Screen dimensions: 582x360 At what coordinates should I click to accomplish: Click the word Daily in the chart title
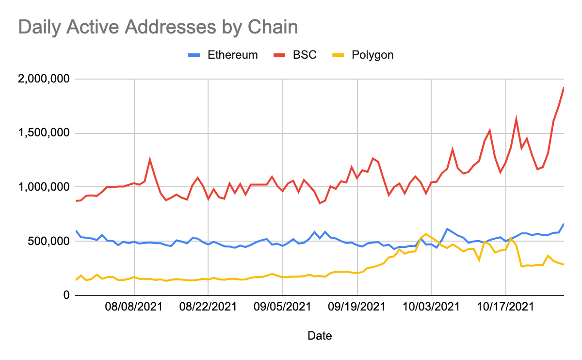tap(39, 27)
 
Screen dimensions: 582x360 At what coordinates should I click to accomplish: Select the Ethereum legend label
tap(232, 55)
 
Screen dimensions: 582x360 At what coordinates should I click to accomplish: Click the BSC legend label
tap(305, 55)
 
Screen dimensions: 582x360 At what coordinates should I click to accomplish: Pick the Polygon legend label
tap(372, 55)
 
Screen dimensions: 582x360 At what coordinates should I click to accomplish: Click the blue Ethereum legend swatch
tap(194, 55)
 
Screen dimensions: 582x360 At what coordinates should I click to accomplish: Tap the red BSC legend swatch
tap(279, 55)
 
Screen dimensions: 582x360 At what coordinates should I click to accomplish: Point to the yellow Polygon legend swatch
tap(339, 55)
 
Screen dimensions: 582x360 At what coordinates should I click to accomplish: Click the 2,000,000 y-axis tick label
tap(44, 79)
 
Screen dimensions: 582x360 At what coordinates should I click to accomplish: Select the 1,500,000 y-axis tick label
tap(44, 133)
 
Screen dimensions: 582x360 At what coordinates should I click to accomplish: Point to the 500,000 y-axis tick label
tap(49, 241)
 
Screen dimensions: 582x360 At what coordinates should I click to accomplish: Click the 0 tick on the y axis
tap(67, 295)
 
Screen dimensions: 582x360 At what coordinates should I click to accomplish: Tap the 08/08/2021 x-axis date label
tap(134, 307)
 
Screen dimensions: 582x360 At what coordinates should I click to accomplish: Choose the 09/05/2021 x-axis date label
tap(282, 307)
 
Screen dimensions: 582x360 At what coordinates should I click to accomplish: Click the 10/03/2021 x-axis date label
tap(431, 307)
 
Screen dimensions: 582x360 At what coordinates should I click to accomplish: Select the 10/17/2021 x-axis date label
tap(505, 307)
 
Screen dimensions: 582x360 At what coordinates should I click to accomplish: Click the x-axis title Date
tap(320, 336)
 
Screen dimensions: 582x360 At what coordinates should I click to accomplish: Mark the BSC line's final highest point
tap(563, 88)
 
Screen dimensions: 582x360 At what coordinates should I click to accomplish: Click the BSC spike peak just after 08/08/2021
tap(150, 159)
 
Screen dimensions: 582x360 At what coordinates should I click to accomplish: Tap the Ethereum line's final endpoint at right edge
tap(563, 224)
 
